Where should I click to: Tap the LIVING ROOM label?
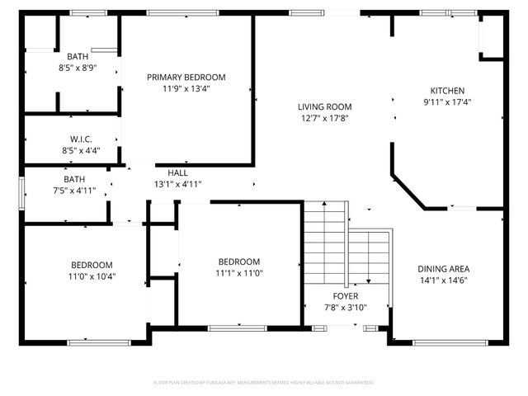[x=325, y=106]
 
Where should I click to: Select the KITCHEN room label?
[x=447, y=91]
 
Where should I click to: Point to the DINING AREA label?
[x=445, y=268]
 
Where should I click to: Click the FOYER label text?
[x=345, y=295]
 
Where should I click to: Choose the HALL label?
[x=177, y=172]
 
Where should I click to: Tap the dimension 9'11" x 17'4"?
[x=447, y=102]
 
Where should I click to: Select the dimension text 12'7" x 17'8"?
[x=325, y=118]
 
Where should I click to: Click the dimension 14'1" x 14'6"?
[x=445, y=280]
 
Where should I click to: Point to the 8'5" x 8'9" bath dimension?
[x=78, y=68]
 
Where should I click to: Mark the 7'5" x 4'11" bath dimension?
[x=74, y=191]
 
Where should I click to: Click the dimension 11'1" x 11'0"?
[x=239, y=273]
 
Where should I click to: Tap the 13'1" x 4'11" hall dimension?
[x=177, y=184]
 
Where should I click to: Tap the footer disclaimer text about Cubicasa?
[x=264, y=383]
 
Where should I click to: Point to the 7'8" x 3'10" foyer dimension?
[x=345, y=307]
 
